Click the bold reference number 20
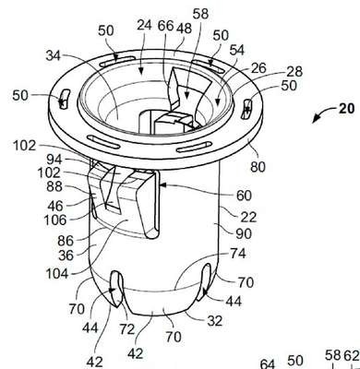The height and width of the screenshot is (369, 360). (x=347, y=109)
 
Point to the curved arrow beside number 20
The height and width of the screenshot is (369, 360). (x=322, y=113)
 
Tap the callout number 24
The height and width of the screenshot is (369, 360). (x=144, y=26)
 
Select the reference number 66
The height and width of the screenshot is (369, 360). (x=166, y=26)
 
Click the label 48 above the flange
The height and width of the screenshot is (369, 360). (x=184, y=29)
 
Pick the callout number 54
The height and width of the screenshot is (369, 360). (x=236, y=50)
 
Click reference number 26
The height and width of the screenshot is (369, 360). (x=258, y=68)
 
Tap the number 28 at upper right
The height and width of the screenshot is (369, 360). (x=294, y=72)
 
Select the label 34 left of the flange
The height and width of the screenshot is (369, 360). (x=54, y=56)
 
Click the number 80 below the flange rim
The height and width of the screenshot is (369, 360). (x=258, y=167)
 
